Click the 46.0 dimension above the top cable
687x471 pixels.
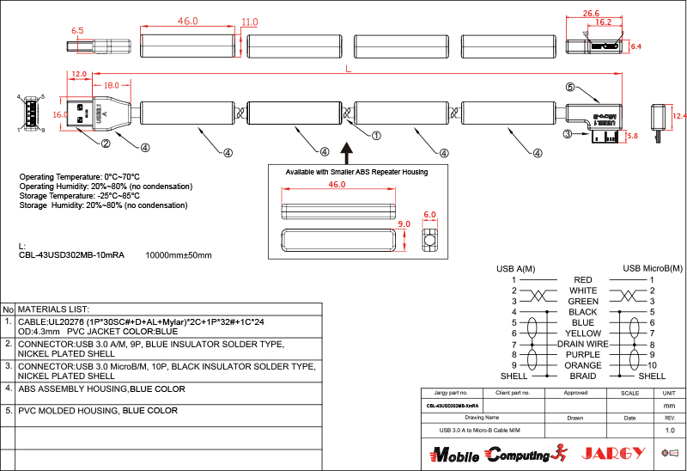[x=187, y=21]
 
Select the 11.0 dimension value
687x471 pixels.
[x=250, y=21]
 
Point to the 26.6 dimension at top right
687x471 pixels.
[x=591, y=13]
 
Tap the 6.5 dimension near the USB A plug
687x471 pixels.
[x=77, y=30]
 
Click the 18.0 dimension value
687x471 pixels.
[x=111, y=85]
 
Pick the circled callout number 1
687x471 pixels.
[x=376, y=135]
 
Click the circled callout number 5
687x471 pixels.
[x=569, y=87]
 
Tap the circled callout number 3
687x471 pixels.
[x=568, y=134]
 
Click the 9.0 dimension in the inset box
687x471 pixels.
[x=404, y=224]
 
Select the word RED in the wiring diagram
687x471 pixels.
[x=582, y=280]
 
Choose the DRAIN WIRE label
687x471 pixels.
[x=582, y=344]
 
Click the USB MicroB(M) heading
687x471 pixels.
[x=653, y=269]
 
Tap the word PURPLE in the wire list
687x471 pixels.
[x=582, y=355]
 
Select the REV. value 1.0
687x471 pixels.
[x=670, y=430]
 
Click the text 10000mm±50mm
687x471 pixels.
[x=179, y=255]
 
